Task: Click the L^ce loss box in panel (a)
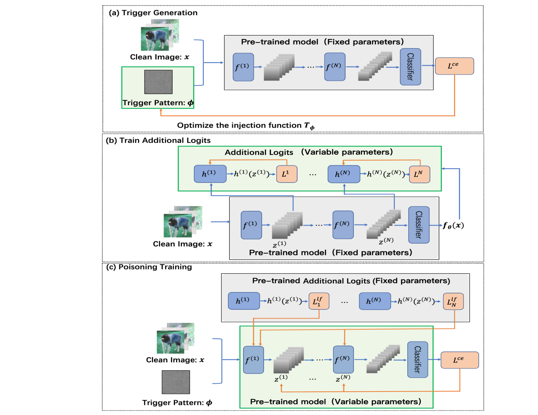click(454, 66)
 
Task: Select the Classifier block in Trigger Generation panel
click(410, 67)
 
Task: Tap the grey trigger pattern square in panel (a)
click(158, 82)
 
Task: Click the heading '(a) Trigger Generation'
click(153, 13)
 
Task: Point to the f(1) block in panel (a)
click(243, 67)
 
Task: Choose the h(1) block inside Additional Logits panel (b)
click(210, 174)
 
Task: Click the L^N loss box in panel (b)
click(419, 174)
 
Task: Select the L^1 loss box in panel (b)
click(286, 174)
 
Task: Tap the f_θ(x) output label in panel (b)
click(453, 225)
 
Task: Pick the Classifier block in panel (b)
click(418, 225)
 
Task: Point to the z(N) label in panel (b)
click(386, 240)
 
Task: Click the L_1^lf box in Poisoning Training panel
click(319, 301)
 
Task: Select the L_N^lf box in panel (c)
click(453, 301)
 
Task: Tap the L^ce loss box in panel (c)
click(459, 360)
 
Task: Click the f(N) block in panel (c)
click(343, 359)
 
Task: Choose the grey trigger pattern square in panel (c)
click(176, 382)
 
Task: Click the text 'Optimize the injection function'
click(239, 125)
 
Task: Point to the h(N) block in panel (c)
click(374, 301)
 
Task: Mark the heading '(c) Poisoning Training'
click(149, 267)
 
